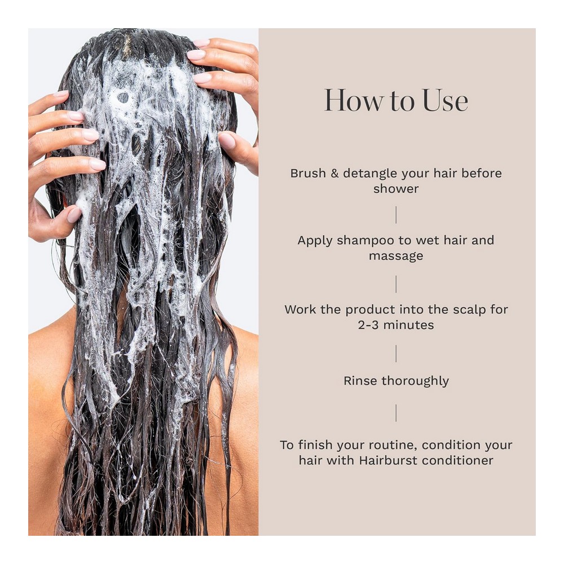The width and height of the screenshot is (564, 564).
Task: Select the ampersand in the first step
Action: (334, 173)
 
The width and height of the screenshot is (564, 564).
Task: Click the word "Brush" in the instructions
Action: (308, 173)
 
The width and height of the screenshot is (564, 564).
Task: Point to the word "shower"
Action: (396, 189)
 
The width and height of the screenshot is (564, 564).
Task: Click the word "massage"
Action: (396, 257)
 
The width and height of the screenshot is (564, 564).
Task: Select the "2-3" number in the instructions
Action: (368, 325)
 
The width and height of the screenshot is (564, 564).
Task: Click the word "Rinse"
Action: (361, 381)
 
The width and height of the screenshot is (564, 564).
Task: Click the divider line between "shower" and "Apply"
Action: (396, 215)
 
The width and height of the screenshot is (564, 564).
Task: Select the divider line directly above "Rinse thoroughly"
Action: (396, 354)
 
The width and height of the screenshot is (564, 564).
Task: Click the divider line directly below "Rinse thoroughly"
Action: (396, 413)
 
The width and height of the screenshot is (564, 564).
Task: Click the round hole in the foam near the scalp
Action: (123, 98)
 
